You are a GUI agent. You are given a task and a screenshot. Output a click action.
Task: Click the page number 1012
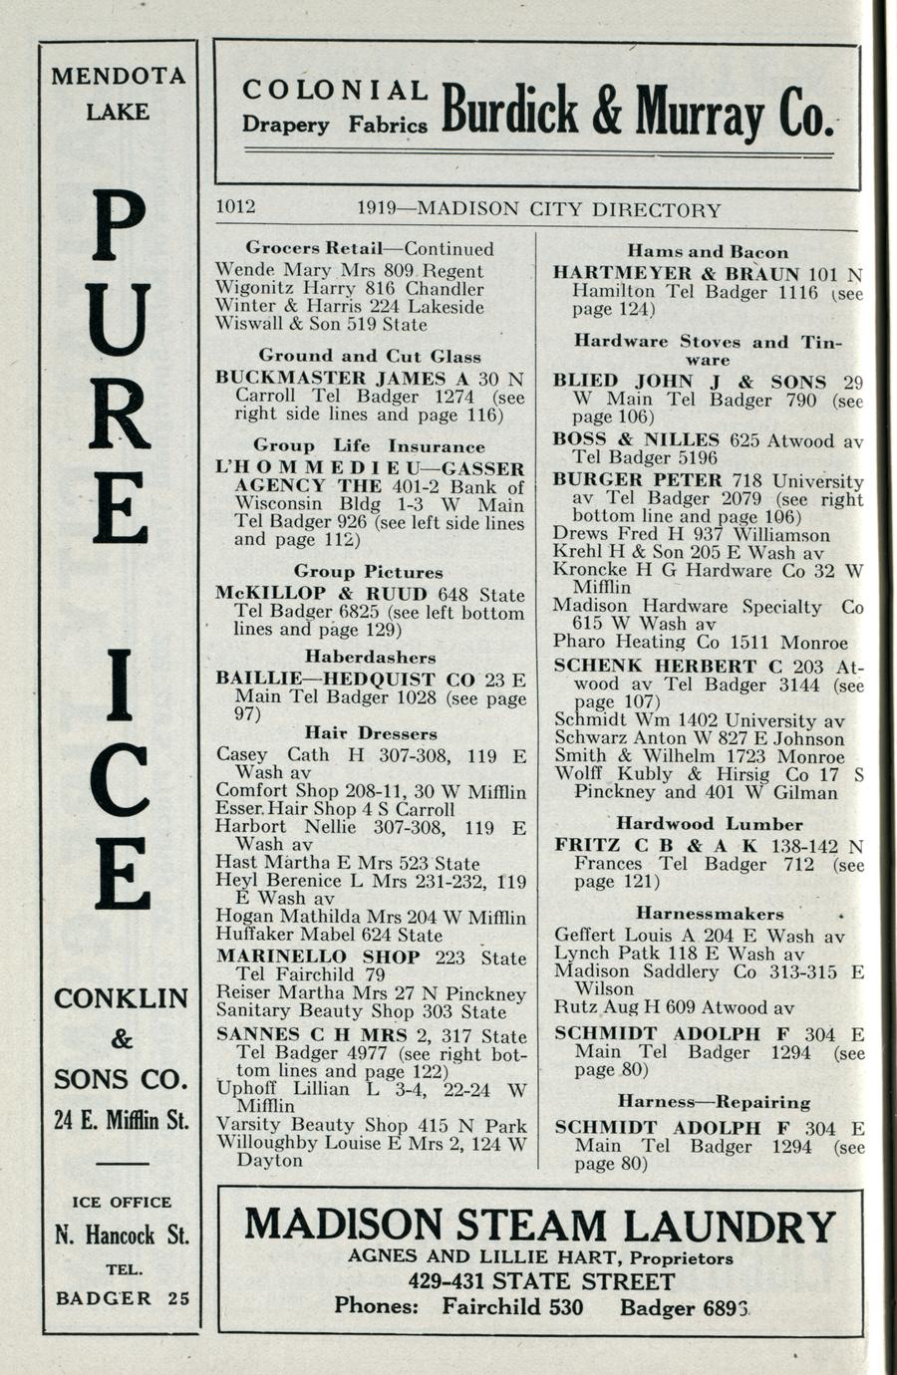pos(236,207)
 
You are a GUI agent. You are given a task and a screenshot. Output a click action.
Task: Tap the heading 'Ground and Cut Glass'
pos(370,356)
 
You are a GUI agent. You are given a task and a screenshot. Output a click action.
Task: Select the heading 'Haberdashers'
pos(370,658)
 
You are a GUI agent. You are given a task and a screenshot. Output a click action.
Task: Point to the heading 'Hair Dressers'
pos(370,733)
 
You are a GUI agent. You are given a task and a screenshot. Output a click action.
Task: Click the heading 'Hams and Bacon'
pos(708,252)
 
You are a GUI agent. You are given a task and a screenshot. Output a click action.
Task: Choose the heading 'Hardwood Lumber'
pos(709,824)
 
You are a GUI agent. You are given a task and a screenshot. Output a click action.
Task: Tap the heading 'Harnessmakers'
pos(710,914)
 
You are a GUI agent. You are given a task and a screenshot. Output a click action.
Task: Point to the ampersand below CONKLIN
pos(121,1039)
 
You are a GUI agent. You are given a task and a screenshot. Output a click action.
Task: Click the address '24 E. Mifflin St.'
pos(121,1120)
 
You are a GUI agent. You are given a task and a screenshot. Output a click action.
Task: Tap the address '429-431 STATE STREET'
pos(540,1281)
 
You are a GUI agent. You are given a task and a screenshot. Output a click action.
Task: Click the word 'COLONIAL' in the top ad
pos(335,91)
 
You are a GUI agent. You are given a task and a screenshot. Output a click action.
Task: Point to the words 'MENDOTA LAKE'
pos(119,94)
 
